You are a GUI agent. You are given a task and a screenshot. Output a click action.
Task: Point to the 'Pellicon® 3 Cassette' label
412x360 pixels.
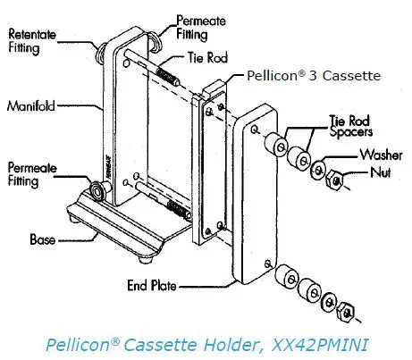coord(315,77)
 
